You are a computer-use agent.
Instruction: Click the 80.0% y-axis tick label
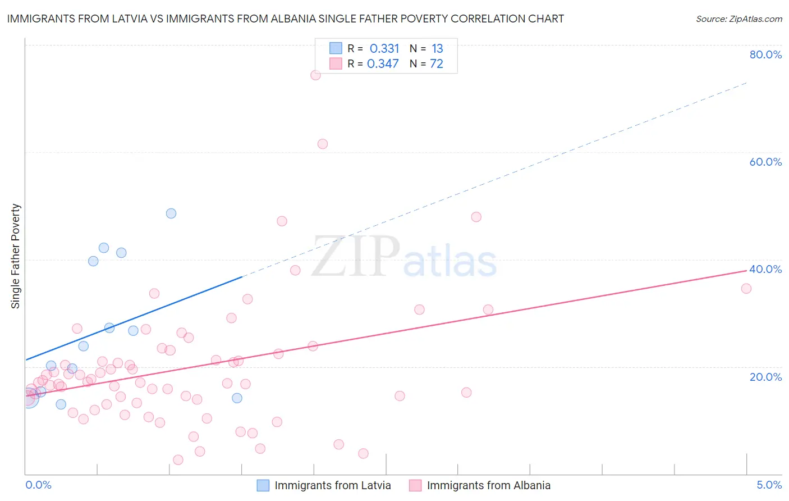pyautogui.click(x=765, y=54)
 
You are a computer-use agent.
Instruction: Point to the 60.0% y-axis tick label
pyautogui.click(x=765, y=162)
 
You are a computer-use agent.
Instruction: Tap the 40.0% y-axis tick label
pyautogui.click(x=765, y=269)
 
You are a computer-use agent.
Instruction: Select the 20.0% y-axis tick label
pyautogui.click(x=765, y=377)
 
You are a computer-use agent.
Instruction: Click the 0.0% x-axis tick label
pyautogui.click(x=38, y=485)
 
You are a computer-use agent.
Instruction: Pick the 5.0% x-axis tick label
pyautogui.click(x=769, y=485)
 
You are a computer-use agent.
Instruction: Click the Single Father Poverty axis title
pyautogui.click(x=16, y=256)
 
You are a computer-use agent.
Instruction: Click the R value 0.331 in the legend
pyautogui.click(x=384, y=49)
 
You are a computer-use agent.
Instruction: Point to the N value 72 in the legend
pyautogui.click(x=437, y=64)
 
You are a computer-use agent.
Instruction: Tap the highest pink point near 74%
pyautogui.click(x=315, y=75)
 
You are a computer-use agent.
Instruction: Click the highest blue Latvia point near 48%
pyautogui.click(x=171, y=213)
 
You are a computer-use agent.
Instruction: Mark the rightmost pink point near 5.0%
pyautogui.click(x=746, y=289)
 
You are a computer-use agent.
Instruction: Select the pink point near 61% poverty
pyautogui.click(x=323, y=144)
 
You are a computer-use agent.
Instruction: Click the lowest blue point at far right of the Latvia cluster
pyautogui.click(x=237, y=398)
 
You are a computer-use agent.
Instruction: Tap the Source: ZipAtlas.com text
pyautogui.click(x=738, y=19)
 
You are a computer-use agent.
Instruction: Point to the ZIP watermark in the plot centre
pyautogui.click(x=356, y=257)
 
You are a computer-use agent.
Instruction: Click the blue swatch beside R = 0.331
pyautogui.click(x=336, y=48)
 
